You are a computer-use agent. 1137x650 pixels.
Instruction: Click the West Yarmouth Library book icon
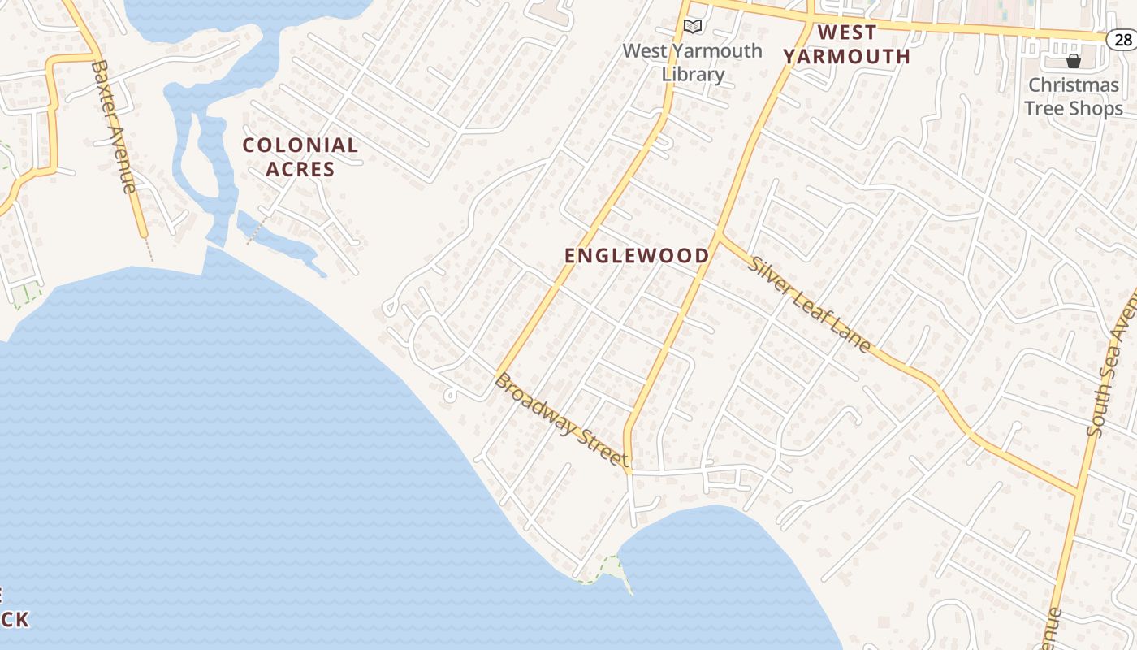click(x=692, y=27)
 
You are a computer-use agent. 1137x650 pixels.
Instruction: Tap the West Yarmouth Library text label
click(x=693, y=62)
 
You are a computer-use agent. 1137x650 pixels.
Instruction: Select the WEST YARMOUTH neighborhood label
click(x=846, y=45)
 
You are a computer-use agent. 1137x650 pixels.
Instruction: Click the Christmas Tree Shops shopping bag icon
click(x=1074, y=61)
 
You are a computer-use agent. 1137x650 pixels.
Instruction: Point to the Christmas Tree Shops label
click(x=1074, y=96)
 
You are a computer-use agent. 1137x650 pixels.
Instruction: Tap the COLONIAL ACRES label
click(x=300, y=157)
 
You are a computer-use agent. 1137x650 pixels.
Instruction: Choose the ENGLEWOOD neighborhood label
click(x=637, y=255)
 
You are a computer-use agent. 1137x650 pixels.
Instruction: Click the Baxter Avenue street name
click(x=115, y=126)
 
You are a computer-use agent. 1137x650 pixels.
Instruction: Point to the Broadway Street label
click(x=561, y=419)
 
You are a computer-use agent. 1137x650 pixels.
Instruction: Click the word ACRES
click(x=300, y=169)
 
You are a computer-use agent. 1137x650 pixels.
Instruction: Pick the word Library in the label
click(x=693, y=74)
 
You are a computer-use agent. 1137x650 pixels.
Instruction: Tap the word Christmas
click(x=1074, y=84)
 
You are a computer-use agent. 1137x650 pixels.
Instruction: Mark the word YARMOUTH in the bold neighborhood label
click(x=846, y=56)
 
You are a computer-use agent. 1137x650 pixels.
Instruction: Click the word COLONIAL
click(x=300, y=145)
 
